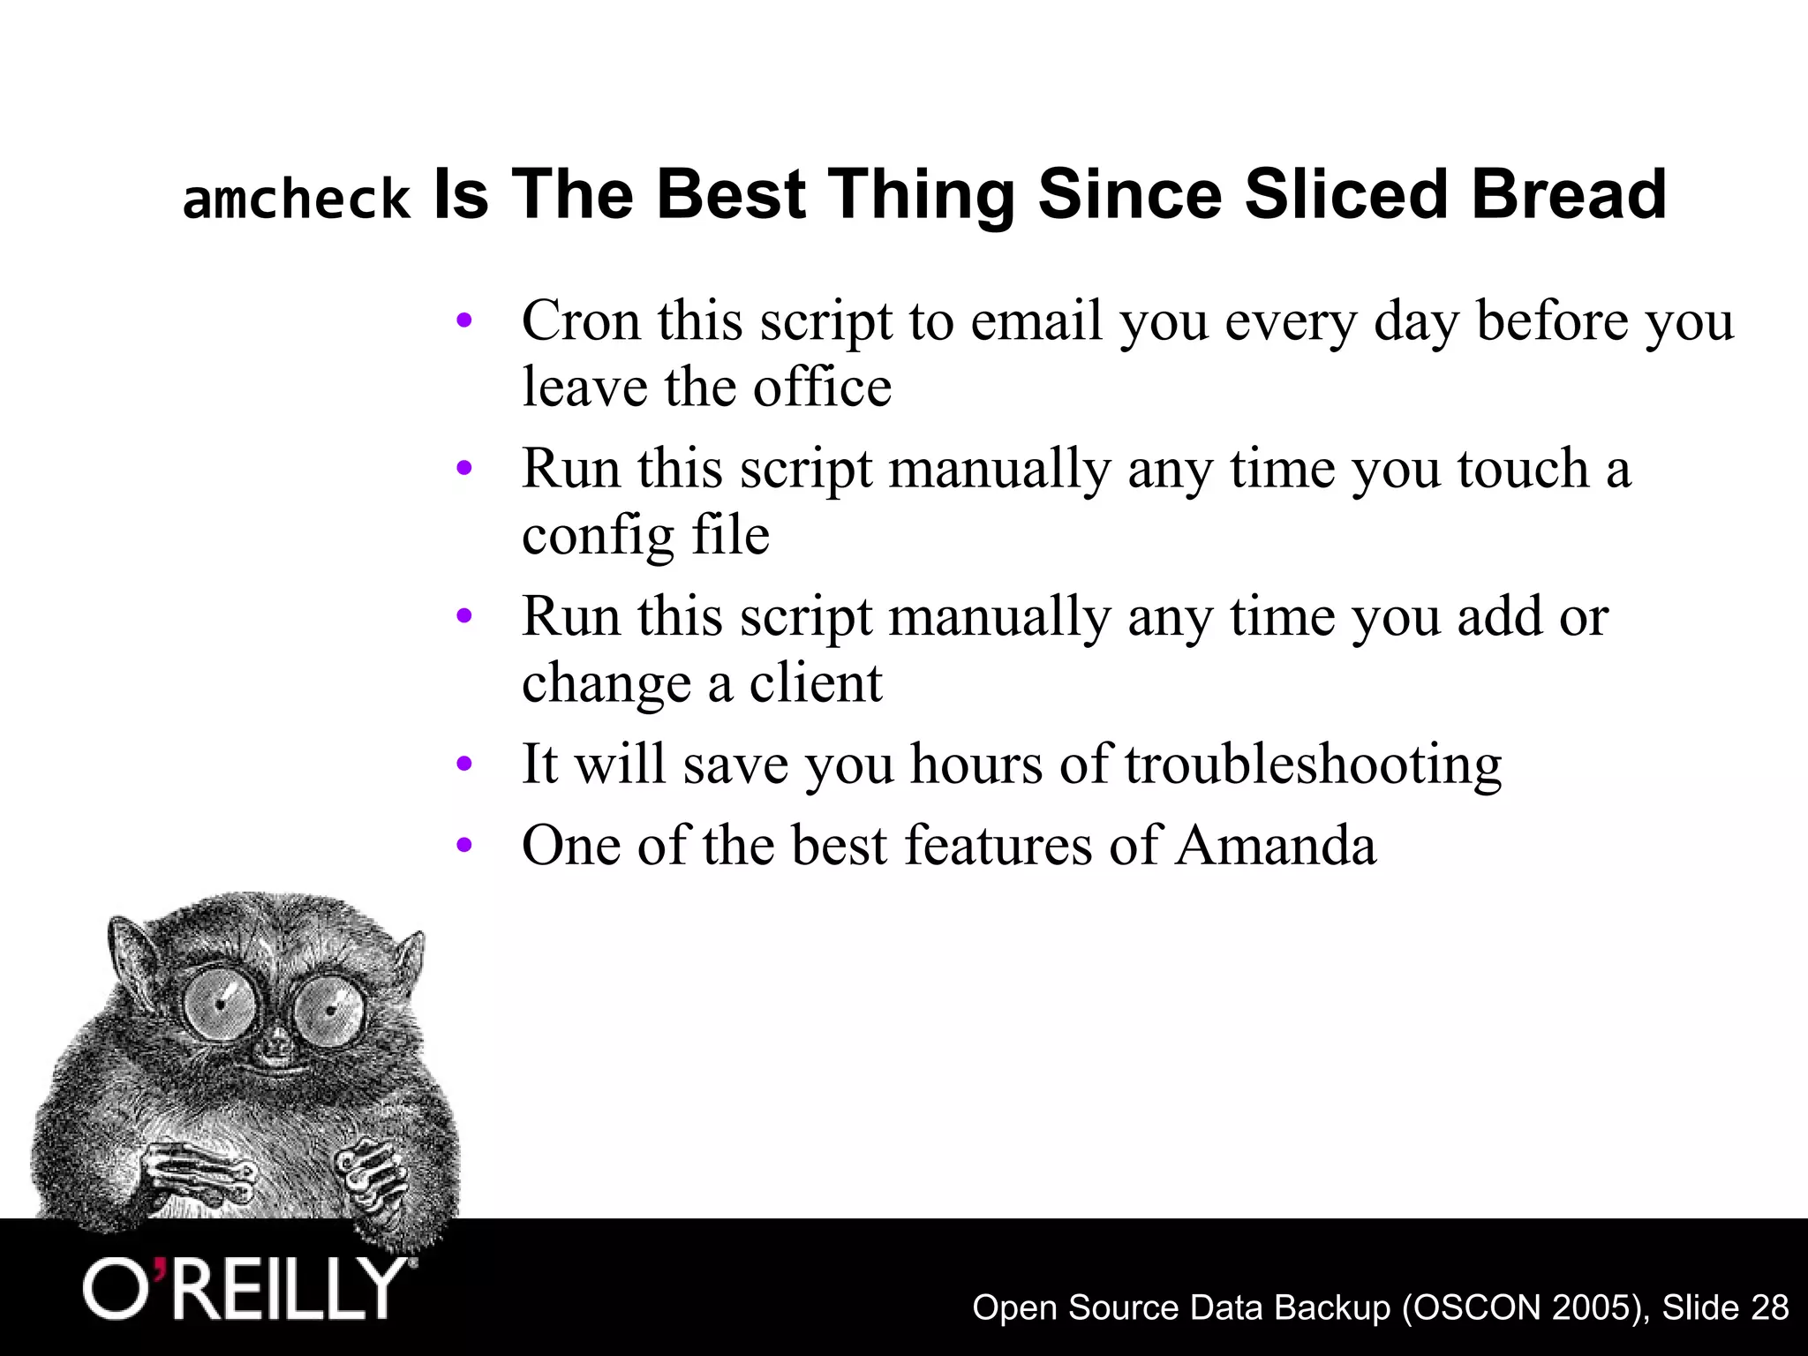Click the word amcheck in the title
point(297,200)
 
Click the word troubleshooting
point(1313,764)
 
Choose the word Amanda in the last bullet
point(1275,845)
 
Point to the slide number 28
point(1768,1307)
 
